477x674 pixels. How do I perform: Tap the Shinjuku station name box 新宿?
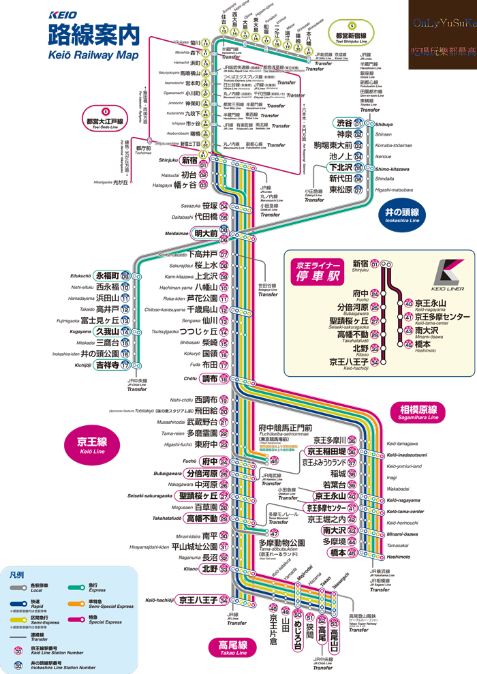click(189, 160)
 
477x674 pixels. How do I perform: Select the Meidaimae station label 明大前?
click(206, 233)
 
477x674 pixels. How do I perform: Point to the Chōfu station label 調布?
click(210, 379)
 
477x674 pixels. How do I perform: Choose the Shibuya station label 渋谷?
click(344, 123)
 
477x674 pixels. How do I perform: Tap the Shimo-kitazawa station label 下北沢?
click(340, 168)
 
